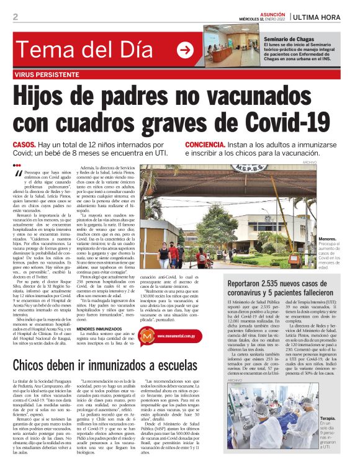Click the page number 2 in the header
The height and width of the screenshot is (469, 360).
[x=16, y=17]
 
